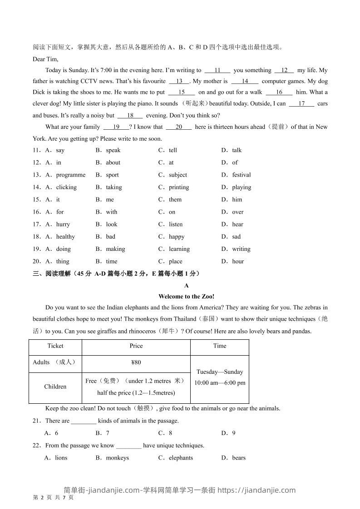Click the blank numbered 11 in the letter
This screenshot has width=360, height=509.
click(x=217, y=70)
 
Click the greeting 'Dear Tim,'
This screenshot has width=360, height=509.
click(x=45, y=59)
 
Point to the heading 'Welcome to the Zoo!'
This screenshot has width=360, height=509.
click(x=187, y=296)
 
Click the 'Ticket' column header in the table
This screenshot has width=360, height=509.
click(x=55, y=346)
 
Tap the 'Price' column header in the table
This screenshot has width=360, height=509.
click(x=136, y=346)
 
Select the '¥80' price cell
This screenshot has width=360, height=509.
click(x=136, y=362)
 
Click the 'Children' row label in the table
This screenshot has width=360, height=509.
click(x=55, y=387)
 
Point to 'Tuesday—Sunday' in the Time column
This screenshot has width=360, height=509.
click(x=220, y=372)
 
